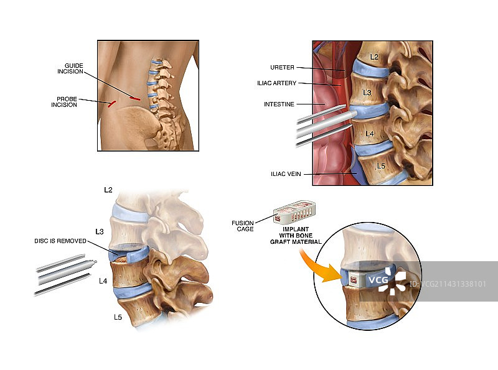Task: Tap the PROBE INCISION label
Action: pos(63,101)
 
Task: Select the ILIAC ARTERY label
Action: pos(276,83)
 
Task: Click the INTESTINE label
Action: pos(278,104)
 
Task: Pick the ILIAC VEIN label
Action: pos(285,174)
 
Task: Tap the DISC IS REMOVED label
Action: pos(61,241)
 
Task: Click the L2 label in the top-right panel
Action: pos(374,57)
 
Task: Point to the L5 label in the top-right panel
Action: pos(380,165)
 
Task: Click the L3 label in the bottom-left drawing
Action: pos(100,231)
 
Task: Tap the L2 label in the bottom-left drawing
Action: pos(108,188)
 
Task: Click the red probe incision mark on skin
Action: pos(111,104)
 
